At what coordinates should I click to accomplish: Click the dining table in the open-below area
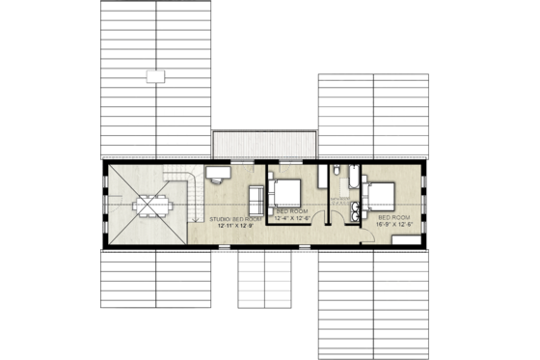click(148, 206)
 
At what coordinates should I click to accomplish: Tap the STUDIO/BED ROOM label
click(236, 219)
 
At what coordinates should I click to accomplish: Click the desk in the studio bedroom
click(217, 171)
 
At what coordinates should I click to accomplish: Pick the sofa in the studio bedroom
click(256, 200)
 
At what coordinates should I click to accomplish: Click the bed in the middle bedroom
click(285, 193)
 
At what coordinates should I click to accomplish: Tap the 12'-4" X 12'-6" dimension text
click(292, 219)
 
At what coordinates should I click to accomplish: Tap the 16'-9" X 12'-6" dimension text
click(393, 226)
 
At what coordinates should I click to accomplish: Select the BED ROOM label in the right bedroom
click(393, 219)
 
